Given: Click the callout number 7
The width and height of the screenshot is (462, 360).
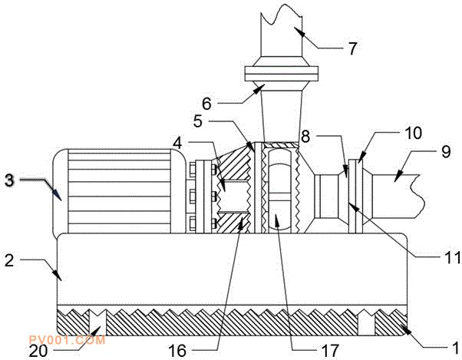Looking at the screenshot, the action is click(x=352, y=48).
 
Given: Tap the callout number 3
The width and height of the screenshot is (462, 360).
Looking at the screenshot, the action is click(x=9, y=180).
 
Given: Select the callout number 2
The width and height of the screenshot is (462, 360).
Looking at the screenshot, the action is click(x=9, y=260).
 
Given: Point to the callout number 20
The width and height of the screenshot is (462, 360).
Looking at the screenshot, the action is click(x=38, y=351).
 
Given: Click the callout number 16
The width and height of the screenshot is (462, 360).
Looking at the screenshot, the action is click(x=177, y=351).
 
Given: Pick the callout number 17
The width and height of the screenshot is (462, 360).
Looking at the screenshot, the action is click(x=330, y=351).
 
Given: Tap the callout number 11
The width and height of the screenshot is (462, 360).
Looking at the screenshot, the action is click(x=452, y=257).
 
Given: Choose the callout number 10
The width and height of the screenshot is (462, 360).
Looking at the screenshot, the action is click(x=413, y=133).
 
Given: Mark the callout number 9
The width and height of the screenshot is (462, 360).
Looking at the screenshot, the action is click(x=445, y=152).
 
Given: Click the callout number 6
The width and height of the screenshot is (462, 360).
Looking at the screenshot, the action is click(x=207, y=104).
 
